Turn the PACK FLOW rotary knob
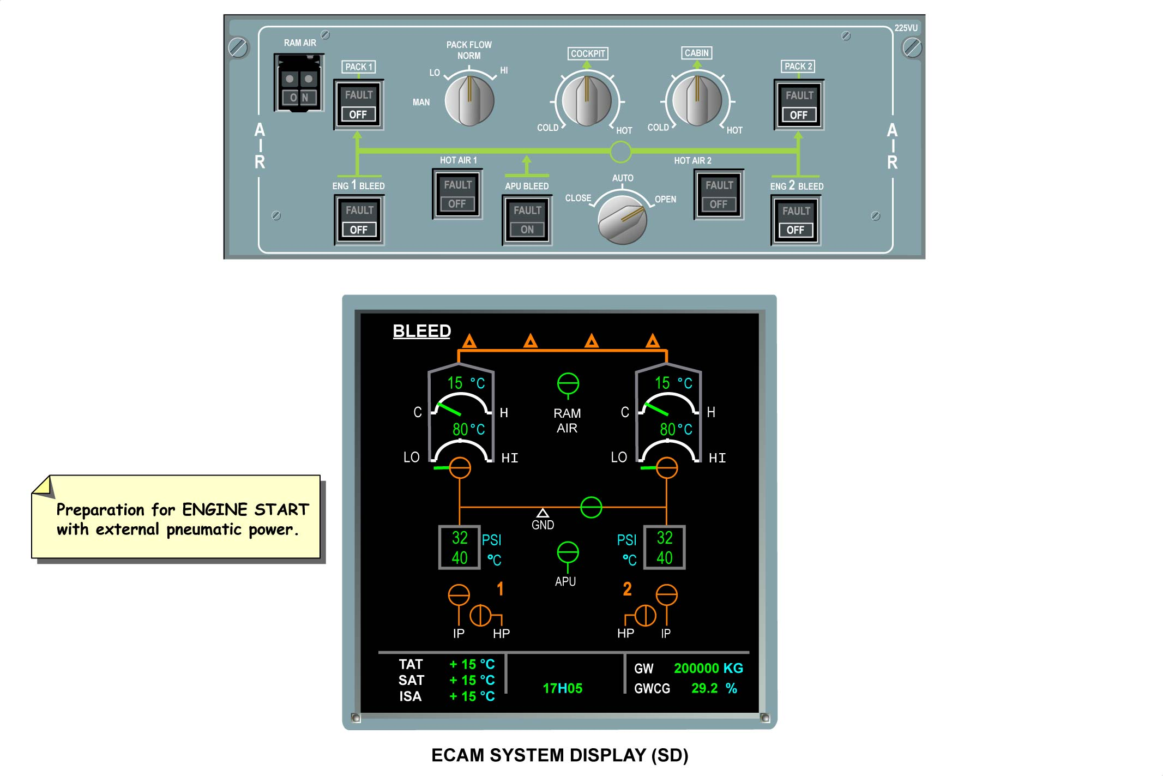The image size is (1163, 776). [469, 100]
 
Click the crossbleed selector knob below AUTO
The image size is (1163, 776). [622, 220]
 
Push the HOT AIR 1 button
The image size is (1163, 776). [457, 194]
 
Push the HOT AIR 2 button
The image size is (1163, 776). [718, 195]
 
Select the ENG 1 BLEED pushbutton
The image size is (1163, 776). [359, 220]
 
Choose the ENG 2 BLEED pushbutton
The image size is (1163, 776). [796, 221]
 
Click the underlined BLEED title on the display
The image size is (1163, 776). [421, 331]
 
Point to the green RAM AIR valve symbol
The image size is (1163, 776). [568, 384]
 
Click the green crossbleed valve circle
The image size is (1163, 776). [591, 507]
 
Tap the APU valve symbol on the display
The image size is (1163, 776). [568, 552]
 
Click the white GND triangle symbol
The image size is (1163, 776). [543, 513]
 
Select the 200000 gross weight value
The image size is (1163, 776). [696, 669]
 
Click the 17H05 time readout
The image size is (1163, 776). [562, 688]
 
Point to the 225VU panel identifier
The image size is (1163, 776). [906, 28]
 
